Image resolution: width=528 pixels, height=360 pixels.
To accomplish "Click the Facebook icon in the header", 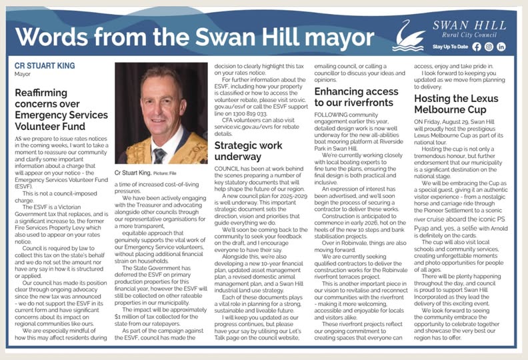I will click(x=476, y=47).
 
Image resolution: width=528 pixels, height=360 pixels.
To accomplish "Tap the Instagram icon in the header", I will click(x=489, y=47).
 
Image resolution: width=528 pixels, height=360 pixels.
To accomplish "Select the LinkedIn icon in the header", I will click(x=501, y=47).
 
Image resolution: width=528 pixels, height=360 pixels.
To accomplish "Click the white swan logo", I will click(x=406, y=35).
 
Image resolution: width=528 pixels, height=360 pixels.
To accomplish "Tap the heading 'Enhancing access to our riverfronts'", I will click(x=358, y=99).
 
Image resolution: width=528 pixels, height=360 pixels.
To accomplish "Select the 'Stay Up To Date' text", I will click(x=451, y=47).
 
